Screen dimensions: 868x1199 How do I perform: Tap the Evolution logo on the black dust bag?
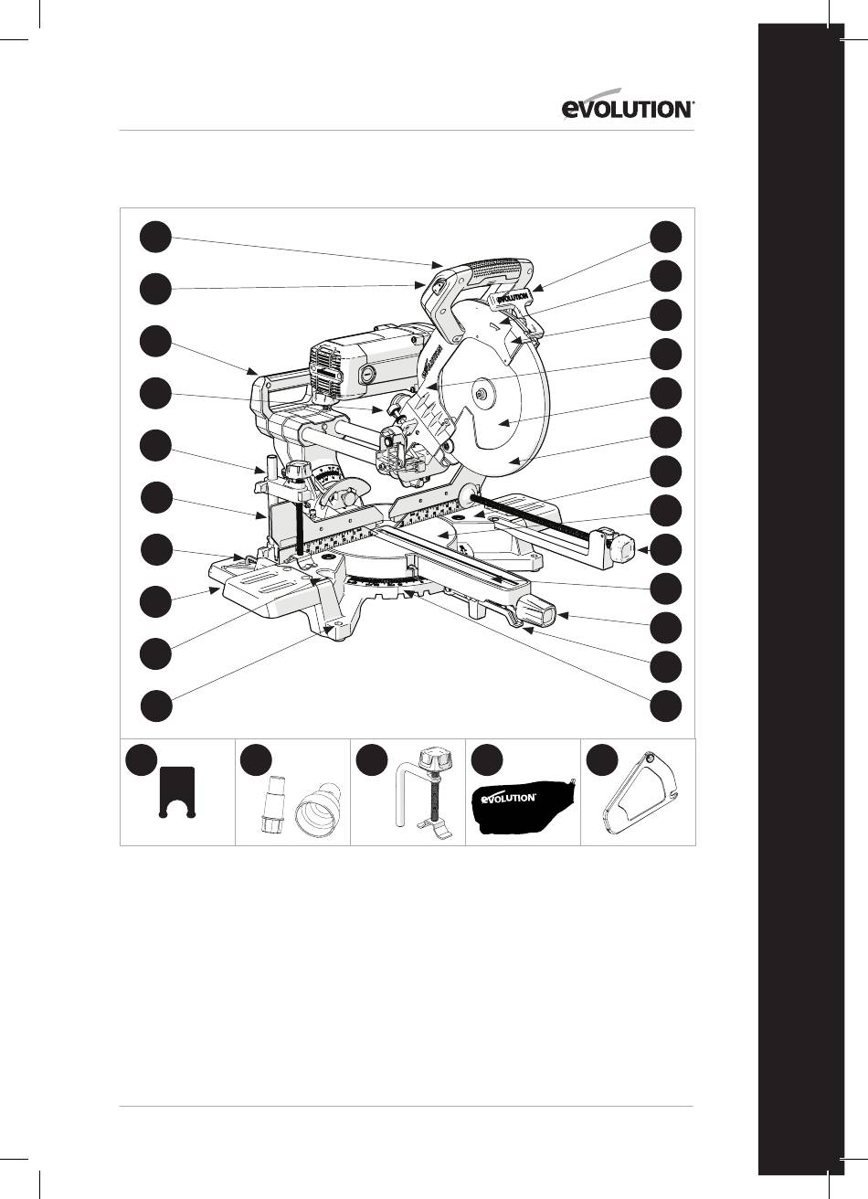508,798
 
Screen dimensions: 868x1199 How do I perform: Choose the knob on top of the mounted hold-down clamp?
296,472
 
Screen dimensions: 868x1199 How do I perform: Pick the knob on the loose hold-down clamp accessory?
435,759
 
